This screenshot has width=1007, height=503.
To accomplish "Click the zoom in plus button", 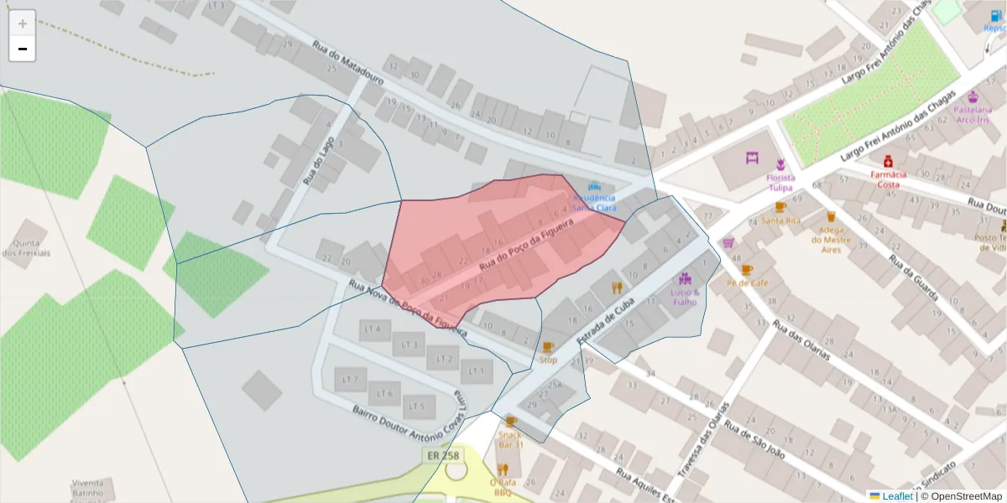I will point(23,23).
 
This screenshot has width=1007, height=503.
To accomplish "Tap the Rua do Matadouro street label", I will point(347,64).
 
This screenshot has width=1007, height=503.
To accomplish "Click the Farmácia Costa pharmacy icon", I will point(887,161).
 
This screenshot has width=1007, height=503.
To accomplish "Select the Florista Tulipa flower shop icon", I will point(780,164).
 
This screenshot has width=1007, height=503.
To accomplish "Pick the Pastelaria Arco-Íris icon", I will point(973,96).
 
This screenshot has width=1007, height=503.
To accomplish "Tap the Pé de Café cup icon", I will point(747,270).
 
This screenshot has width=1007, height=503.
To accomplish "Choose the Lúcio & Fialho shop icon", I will point(685,278).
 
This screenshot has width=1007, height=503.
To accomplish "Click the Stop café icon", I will point(548,347).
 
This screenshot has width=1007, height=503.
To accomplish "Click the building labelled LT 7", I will point(350,380).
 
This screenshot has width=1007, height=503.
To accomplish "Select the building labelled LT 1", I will point(477,370).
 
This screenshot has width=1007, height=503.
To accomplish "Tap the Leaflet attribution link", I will point(896,495).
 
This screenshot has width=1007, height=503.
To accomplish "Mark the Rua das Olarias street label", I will point(801,339).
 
